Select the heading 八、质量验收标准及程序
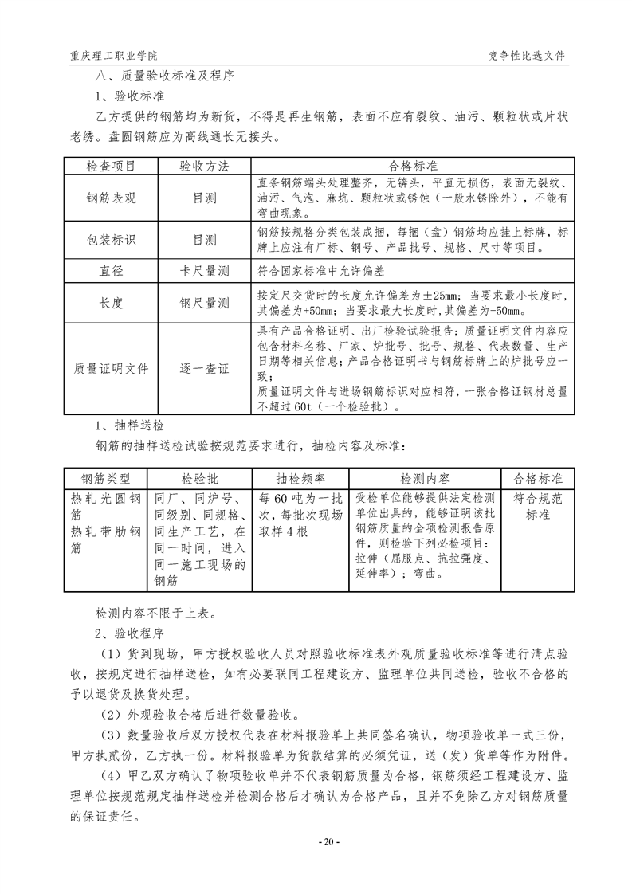pos(165,76)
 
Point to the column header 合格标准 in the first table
pos(412,167)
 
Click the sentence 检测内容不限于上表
pos(154,614)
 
